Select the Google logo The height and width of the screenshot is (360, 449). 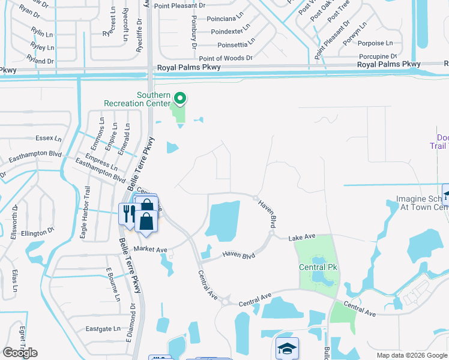20,353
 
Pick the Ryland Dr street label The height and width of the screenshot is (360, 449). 40,59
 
